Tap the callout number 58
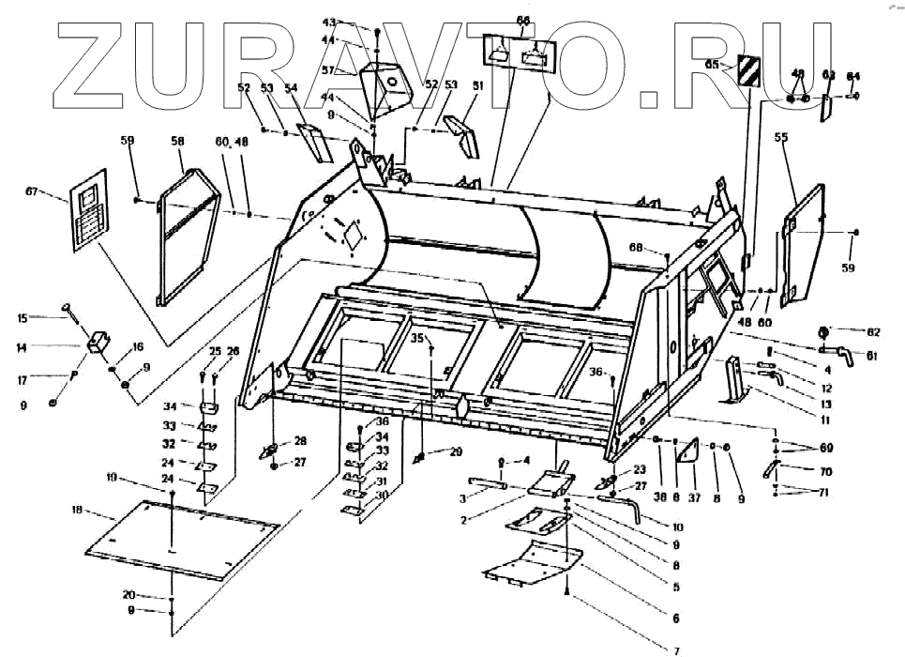177,140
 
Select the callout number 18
77,510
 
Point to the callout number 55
780,136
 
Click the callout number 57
355,69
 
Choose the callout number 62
874,331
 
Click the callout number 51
477,85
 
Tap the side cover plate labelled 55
805,244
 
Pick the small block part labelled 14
100,343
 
